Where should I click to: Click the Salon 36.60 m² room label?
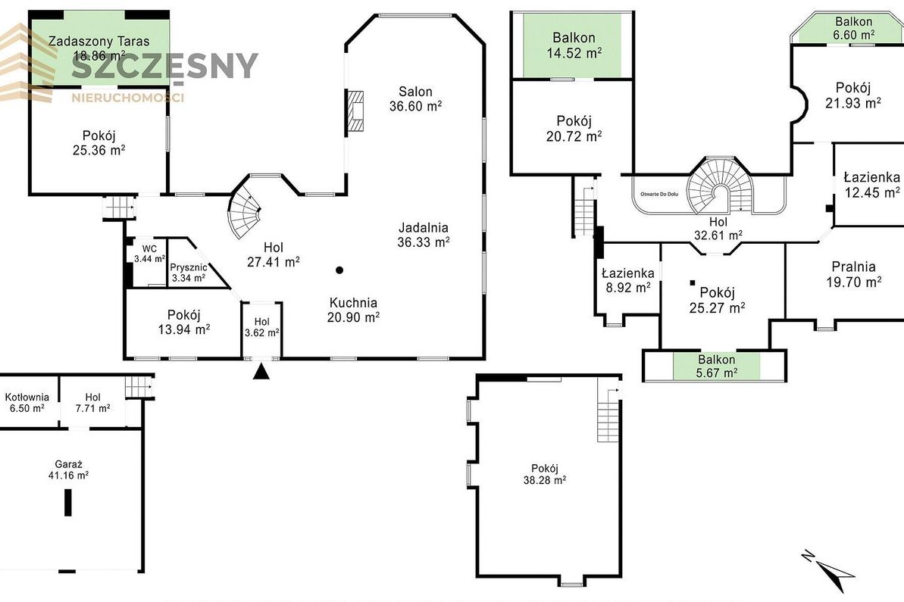(416, 98)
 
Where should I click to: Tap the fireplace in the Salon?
(355, 112)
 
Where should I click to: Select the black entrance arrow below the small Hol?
(261, 372)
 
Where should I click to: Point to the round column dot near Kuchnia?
(339, 270)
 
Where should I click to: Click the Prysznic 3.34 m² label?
(189, 273)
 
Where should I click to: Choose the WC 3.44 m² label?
(149, 254)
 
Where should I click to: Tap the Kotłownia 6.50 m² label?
(27, 403)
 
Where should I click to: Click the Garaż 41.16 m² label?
(69, 469)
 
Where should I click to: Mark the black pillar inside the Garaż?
(68, 502)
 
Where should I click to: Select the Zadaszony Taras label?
(99, 42)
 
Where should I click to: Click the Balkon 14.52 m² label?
(574, 45)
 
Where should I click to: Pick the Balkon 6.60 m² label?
(854, 28)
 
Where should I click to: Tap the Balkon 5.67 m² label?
(717, 366)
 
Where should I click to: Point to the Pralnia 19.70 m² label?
(854, 274)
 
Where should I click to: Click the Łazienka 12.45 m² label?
(871, 184)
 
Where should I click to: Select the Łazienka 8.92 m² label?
(628, 280)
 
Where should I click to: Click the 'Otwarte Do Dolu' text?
(659, 194)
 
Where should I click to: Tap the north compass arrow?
(828, 569)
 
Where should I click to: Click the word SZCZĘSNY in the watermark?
(165, 66)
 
